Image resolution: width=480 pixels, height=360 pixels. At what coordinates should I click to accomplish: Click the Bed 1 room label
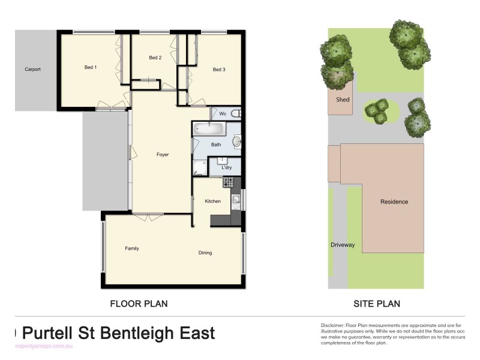[91, 67]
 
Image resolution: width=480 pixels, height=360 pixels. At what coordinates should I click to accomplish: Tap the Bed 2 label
[155, 58]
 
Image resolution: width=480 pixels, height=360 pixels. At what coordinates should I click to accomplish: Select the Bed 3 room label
[219, 70]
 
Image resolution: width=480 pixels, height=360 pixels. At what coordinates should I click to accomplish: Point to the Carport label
[33, 70]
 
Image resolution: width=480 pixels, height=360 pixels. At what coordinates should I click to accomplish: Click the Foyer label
[163, 155]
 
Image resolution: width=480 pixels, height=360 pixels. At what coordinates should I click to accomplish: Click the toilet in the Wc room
[236, 113]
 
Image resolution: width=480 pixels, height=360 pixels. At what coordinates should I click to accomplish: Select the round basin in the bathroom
[236, 142]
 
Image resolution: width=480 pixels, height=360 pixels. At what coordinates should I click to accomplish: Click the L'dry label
[227, 167]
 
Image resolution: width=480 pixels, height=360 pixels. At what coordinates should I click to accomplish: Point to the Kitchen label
[213, 201]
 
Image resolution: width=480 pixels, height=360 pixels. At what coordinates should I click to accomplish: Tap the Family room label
[132, 248]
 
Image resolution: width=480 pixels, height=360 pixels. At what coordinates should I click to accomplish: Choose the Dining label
[205, 253]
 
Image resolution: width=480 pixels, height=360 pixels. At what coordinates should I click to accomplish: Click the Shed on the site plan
[343, 100]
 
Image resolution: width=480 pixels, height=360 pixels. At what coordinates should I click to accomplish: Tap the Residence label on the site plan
[394, 202]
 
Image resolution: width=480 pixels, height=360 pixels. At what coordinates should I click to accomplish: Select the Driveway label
[343, 245]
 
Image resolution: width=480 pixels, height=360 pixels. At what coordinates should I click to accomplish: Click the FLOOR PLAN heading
[139, 304]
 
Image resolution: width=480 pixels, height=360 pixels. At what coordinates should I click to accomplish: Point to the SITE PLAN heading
[377, 304]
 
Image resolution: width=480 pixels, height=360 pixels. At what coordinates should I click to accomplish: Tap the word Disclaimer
[334, 325]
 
